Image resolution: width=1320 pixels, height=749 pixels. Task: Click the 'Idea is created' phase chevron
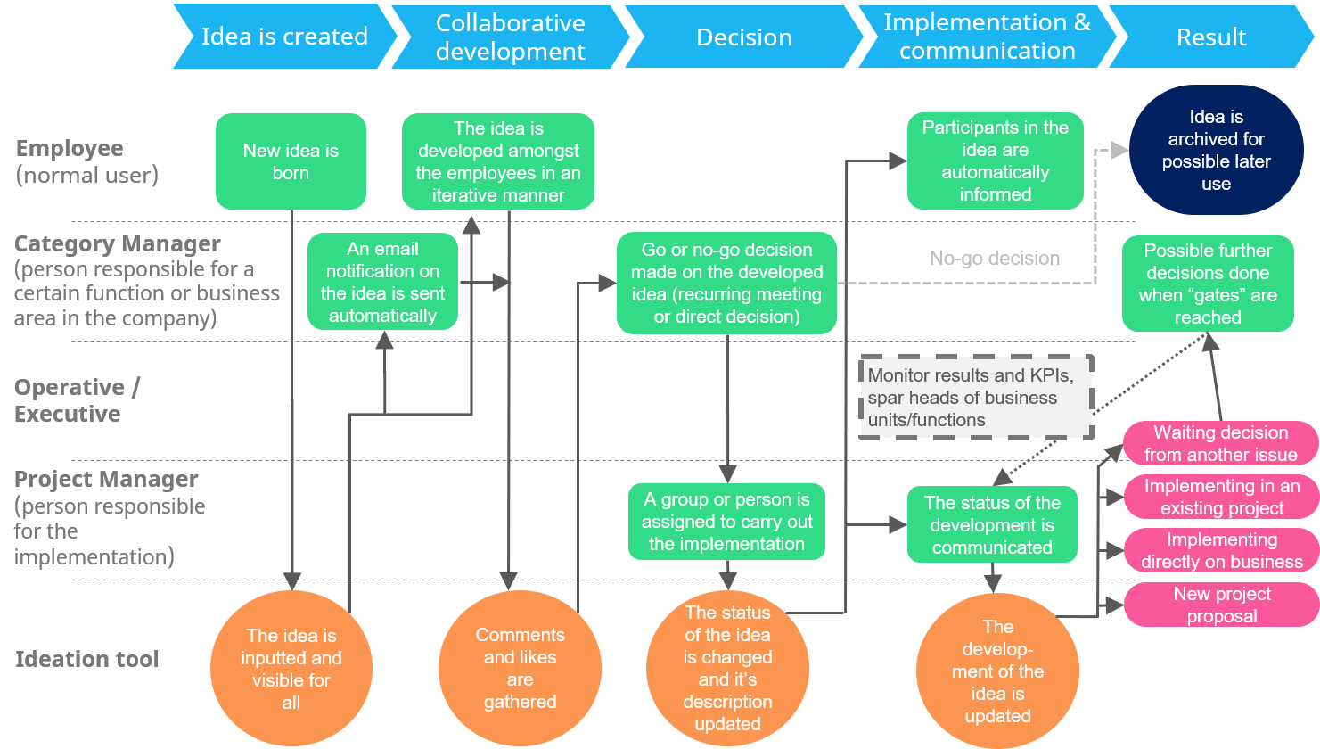point(284,37)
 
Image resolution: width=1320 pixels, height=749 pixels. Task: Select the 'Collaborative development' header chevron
point(511,37)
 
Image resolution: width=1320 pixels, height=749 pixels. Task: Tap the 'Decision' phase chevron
point(744,37)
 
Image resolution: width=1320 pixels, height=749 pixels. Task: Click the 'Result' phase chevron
point(1211,37)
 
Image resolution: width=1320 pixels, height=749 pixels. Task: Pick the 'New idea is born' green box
point(291,161)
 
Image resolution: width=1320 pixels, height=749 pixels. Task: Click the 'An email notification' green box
point(382,282)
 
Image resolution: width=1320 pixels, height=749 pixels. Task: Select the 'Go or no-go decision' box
point(726,283)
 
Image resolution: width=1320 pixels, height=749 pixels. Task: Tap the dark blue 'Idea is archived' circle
point(1216,150)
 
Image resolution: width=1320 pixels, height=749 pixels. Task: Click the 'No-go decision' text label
point(995,259)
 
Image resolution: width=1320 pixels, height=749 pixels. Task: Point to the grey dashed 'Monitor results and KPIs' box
point(976,398)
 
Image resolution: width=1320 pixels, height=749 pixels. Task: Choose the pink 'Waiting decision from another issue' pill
point(1220,443)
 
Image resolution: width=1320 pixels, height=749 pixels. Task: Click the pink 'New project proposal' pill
point(1221,605)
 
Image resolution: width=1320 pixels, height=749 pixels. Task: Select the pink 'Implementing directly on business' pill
point(1221,550)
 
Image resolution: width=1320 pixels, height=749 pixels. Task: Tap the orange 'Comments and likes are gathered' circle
point(520,668)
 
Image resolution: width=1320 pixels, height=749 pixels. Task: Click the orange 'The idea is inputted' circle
point(291,668)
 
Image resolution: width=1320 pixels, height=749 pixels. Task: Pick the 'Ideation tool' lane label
point(86,660)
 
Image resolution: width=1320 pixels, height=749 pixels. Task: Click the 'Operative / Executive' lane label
point(77,400)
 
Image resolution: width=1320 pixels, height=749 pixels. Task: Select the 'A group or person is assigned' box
point(726,522)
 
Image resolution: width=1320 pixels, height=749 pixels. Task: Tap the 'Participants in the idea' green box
point(995,161)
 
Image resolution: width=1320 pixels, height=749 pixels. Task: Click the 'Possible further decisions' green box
point(1207,284)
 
